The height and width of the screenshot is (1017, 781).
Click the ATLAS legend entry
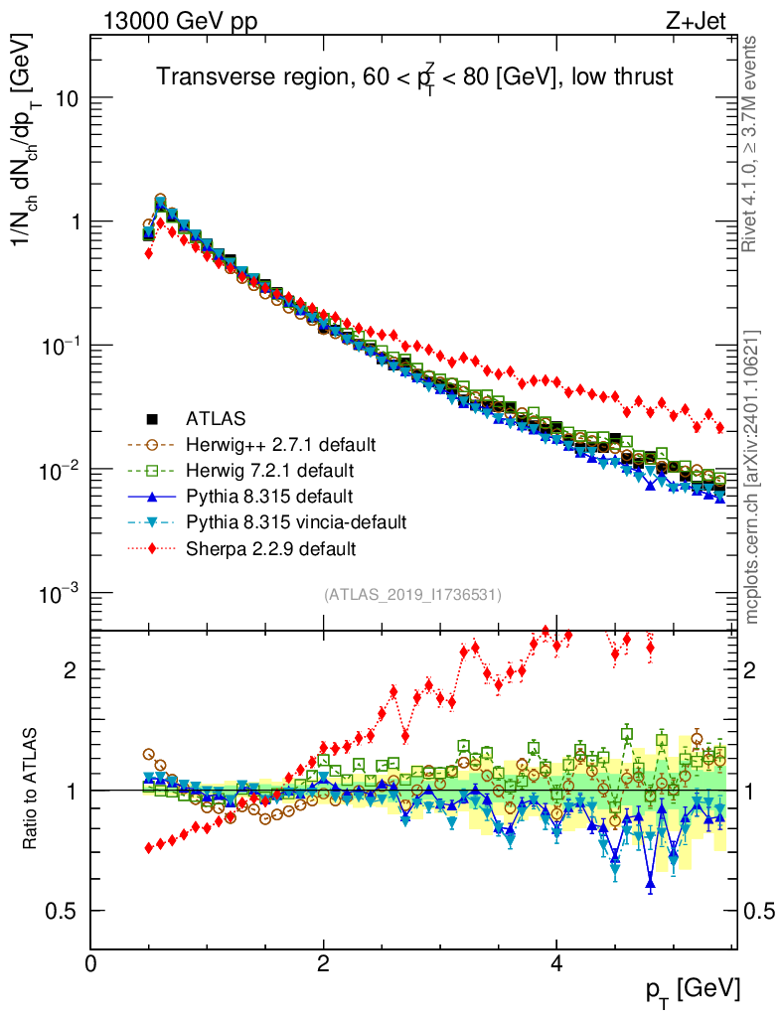(x=215, y=418)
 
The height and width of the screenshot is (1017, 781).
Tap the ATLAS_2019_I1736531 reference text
(x=412, y=595)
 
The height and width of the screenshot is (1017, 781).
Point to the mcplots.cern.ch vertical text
(x=752, y=477)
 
